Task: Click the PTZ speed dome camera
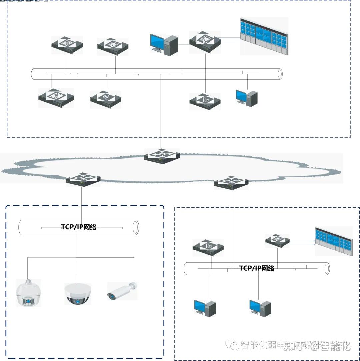point(28,293)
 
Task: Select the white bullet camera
point(122,291)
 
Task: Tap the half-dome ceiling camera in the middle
point(77,294)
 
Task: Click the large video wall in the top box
point(264,36)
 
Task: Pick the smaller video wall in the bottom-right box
point(333,241)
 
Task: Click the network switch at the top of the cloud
point(162,156)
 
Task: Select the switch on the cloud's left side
point(83,179)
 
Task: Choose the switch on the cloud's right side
point(231,182)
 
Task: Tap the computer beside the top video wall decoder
point(164,44)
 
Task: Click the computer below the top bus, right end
point(247,98)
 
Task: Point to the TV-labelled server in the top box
point(205,101)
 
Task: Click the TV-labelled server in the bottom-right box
point(208,247)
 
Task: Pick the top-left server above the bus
point(67,45)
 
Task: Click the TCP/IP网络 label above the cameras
point(79,227)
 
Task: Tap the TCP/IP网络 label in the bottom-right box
point(257,268)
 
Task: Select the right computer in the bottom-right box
point(260,308)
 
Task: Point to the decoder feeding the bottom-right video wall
point(277,240)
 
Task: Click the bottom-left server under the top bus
point(56,98)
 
